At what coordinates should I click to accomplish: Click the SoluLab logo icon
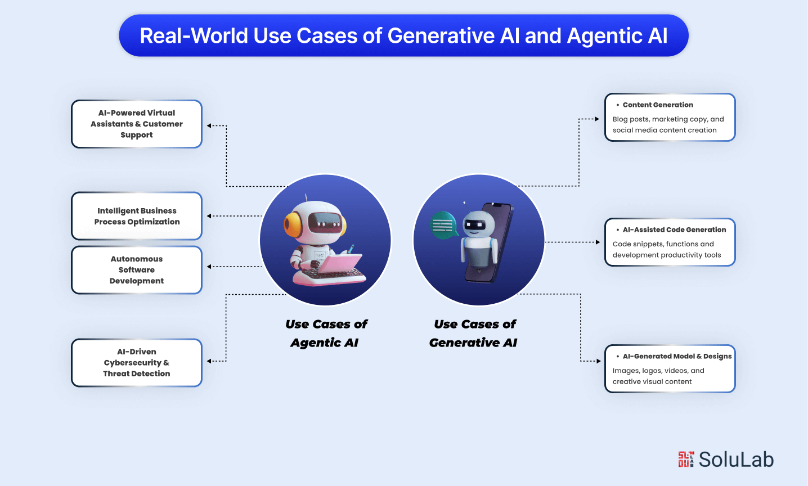point(686,459)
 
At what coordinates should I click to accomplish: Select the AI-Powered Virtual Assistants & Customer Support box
point(137,124)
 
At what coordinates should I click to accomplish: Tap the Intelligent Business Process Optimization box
point(137,216)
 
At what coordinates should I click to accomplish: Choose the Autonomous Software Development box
point(137,270)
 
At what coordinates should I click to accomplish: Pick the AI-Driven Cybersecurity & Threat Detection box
point(137,363)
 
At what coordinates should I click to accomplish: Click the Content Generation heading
point(657,105)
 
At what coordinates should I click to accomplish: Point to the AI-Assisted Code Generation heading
point(674,229)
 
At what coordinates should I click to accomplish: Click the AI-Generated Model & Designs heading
point(677,356)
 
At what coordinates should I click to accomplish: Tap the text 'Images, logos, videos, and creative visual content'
point(658,376)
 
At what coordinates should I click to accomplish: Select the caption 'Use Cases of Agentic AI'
point(326,333)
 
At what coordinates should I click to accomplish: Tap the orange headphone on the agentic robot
point(293,224)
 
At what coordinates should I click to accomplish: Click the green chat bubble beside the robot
point(443,225)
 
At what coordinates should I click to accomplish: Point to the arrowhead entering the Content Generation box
point(597,119)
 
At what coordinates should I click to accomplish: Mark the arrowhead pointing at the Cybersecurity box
point(209,361)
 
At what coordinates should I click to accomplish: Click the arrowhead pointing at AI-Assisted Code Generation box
point(598,242)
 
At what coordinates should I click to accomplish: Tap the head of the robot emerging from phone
point(478,224)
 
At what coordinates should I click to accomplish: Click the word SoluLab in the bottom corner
point(736,460)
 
